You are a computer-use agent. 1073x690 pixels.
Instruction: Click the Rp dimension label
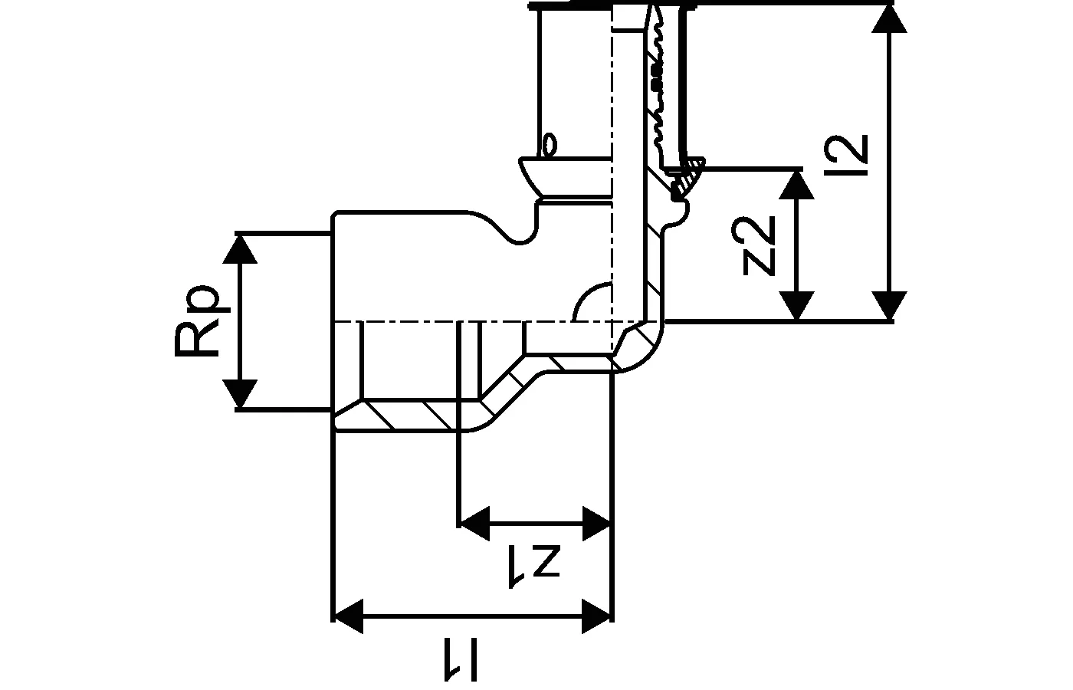click(x=197, y=322)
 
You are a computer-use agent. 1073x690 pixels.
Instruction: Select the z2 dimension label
click(x=760, y=245)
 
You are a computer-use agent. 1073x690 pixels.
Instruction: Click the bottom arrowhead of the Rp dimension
click(x=243, y=395)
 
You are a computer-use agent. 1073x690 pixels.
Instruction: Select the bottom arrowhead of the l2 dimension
click(x=890, y=305)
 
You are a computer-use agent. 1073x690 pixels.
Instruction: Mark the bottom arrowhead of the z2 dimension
click(x=799, y=306)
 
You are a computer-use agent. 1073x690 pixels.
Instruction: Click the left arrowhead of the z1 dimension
click(x=475, y=524)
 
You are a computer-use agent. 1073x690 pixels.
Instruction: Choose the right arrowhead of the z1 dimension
click(x=596, y=524)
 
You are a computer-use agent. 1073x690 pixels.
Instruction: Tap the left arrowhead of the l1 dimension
click(x=349, y=616)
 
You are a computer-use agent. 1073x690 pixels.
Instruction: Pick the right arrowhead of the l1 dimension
click(x=596, y=616)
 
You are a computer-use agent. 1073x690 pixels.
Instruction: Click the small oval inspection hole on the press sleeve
click(x=549, y=145)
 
